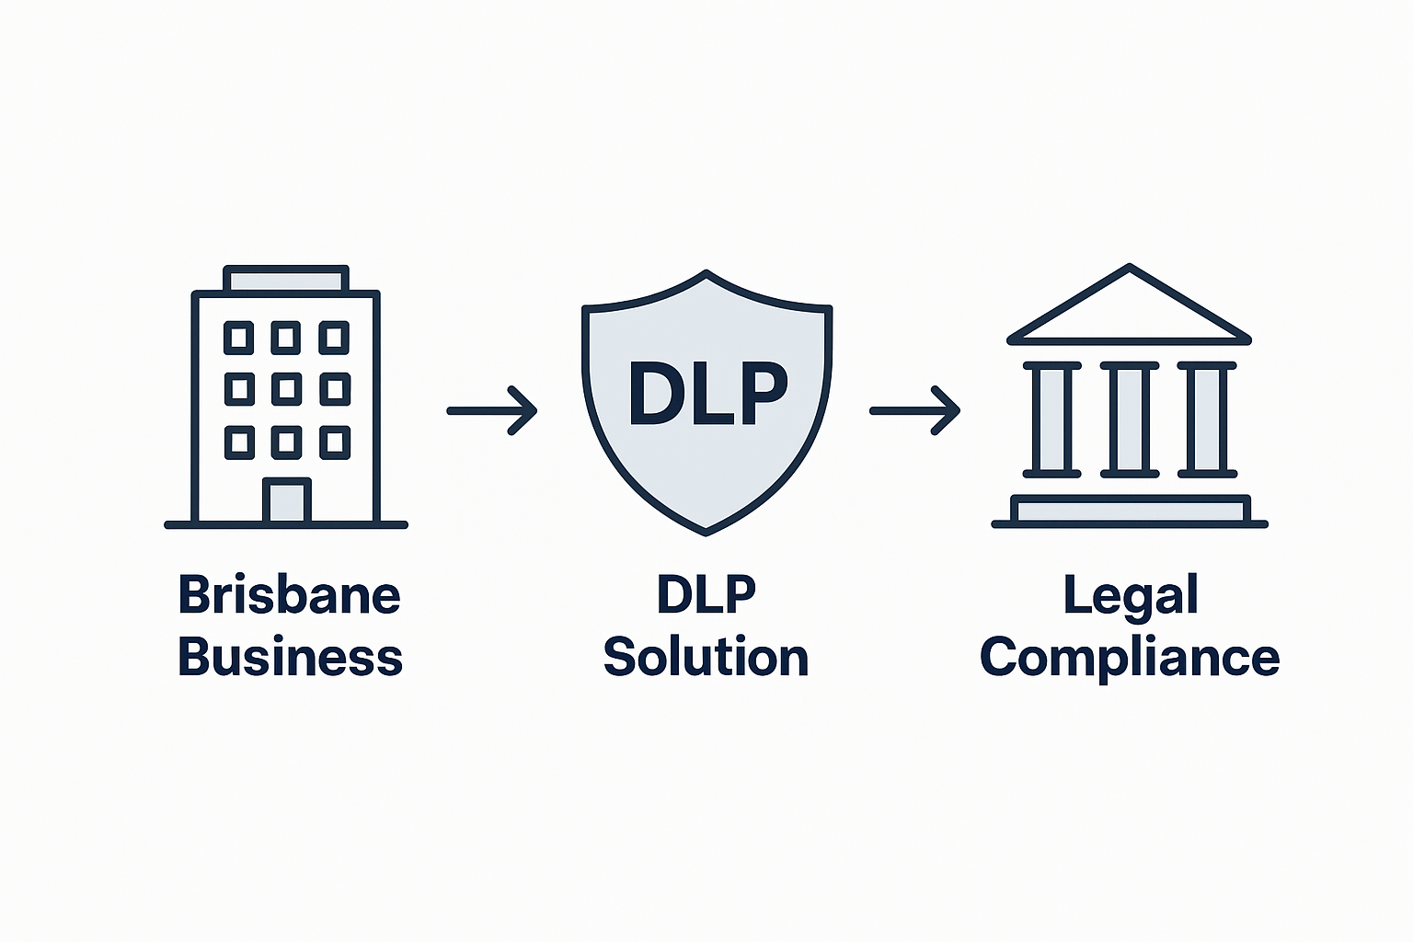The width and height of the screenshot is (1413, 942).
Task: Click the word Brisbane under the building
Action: point(289,595)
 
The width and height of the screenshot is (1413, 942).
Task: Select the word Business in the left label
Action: point(289,658)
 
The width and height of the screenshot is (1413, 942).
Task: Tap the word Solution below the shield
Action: point(706,658)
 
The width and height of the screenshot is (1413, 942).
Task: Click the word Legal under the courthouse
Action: point(1130,595)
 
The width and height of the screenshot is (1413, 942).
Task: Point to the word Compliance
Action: point(1130,659)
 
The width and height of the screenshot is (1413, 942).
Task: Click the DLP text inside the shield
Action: point(707,394)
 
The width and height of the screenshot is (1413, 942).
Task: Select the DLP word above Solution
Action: point(706,595)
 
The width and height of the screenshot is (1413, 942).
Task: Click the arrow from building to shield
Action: point(492,410)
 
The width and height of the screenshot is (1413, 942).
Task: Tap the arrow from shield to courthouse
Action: point(915,410)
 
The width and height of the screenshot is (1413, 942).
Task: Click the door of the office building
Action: point(286,501)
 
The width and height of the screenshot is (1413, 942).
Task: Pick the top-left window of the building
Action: point(239,338)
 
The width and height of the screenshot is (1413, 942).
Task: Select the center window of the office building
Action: point(286,389)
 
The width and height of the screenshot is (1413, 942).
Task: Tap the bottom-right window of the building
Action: point(334,442)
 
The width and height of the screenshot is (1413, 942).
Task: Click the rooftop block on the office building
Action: point(286,279)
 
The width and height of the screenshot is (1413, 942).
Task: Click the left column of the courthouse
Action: point(1051,419)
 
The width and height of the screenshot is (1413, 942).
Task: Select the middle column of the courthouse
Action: point(1129,419)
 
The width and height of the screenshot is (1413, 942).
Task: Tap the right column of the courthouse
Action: point(1207,419)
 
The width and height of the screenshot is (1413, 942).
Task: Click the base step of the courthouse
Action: point(1130,510)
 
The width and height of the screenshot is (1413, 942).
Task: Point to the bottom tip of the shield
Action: point(706,529)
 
